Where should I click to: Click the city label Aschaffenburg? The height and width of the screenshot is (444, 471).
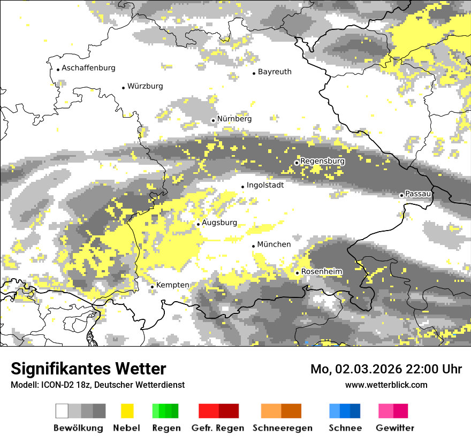pos(88,68)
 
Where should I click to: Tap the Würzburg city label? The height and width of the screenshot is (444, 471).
pos(145,86)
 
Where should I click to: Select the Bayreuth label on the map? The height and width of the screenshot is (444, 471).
pos(275,72)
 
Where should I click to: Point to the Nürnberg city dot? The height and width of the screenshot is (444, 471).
pos(213,120)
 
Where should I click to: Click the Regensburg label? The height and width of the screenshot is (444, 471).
pos(322,161)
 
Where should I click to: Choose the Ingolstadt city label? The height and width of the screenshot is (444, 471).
pos(265,185)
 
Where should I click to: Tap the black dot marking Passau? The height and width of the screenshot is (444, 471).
pos(401,195)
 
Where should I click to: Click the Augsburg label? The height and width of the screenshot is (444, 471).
pos(219,223)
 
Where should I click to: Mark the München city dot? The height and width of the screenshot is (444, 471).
pos(253,246)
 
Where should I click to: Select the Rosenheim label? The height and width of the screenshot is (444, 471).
pos(322,272)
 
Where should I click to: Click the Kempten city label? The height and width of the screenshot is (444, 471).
pos(172,285)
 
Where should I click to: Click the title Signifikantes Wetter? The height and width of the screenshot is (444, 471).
pos(88,369)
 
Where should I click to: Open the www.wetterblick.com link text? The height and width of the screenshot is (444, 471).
pos(386,385)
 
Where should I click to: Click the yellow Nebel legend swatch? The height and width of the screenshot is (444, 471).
pos(127,411)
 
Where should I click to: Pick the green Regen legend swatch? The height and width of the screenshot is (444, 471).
pos(165,411)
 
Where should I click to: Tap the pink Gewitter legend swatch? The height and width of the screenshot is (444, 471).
pos(393,411)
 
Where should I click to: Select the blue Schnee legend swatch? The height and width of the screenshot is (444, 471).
pos(345,411)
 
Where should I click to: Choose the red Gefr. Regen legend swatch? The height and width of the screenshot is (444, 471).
pos(218,411)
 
